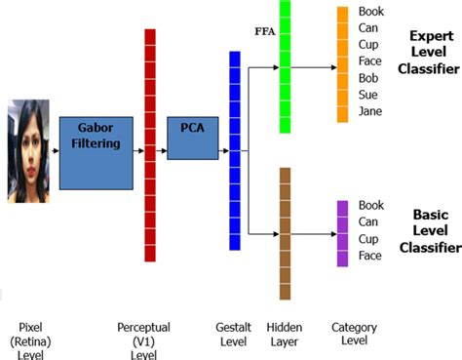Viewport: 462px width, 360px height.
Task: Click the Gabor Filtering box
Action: (95, 153)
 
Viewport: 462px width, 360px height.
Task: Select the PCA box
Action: (191, 138)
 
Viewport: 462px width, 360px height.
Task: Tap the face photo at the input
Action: (27, 150)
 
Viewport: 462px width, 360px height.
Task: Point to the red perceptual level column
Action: (150, 145)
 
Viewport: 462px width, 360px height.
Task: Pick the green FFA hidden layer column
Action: (285, 66)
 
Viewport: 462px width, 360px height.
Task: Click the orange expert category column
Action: (342, 64)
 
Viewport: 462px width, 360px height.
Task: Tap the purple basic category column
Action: (342, 233)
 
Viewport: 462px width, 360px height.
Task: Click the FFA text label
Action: (264, 29)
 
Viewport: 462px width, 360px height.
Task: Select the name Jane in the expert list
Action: (370, 111)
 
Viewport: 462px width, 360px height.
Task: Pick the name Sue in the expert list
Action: (368, 95)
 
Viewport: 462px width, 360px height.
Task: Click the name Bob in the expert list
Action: (368, 78)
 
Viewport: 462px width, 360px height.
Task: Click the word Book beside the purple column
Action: (371, 206)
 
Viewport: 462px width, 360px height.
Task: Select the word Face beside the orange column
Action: (370, 61)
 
